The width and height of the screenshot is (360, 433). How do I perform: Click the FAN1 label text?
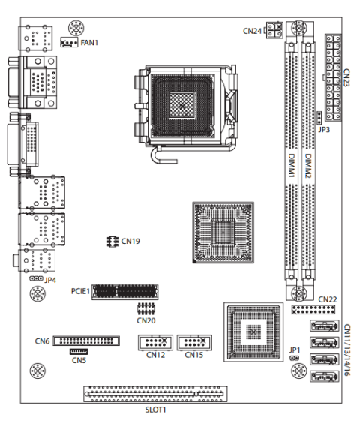coord(89,43)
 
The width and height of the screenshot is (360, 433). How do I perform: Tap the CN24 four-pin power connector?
coord(274,30)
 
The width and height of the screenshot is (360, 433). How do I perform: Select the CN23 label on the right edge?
coord(346,77)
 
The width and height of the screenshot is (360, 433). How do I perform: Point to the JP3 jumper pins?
coord(319,118)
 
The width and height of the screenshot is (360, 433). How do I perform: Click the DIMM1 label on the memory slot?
coord(292,165)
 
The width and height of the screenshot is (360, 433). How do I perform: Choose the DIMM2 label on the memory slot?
coord(308,166)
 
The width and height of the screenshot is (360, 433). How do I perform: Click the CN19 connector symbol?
coord(112,242)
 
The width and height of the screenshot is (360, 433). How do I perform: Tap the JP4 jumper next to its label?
coord(36,278)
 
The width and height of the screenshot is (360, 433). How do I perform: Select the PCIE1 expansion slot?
coord(125,292)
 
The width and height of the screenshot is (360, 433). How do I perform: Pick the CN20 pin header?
coord(145,309)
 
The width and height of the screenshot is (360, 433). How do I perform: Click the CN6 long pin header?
coord(86,341)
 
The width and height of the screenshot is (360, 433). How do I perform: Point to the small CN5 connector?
coord(79,351)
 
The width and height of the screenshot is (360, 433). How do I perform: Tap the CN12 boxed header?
coord(155,343)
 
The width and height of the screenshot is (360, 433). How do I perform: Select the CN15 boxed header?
coord(194,343)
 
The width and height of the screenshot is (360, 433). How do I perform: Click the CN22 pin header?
coord(313,310)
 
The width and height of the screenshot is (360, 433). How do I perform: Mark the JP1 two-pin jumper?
coord(295,358)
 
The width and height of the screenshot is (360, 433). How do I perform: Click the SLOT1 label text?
coord(156,410)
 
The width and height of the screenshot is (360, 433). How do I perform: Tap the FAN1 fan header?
coord(69,43)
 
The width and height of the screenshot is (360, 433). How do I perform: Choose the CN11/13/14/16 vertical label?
coord(347,350)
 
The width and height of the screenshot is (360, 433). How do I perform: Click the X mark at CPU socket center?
coord(181,105)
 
